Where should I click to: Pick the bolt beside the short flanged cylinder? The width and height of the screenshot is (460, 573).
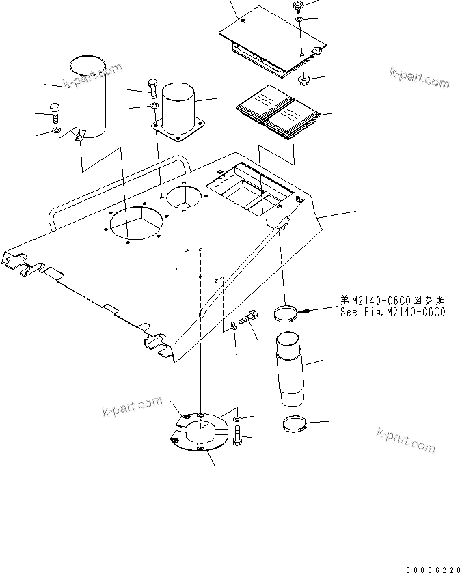[x=152, y=87]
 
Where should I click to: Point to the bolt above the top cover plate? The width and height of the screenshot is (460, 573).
[x=297, y=6]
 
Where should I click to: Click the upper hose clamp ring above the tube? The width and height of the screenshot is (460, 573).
[x=286, y=313]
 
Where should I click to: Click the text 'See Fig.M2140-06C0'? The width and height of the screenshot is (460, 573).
[x=392, y=312]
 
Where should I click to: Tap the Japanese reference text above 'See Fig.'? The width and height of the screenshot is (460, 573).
[x=392, y=300]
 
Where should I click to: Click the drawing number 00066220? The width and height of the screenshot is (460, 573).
[x=430, y=568]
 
